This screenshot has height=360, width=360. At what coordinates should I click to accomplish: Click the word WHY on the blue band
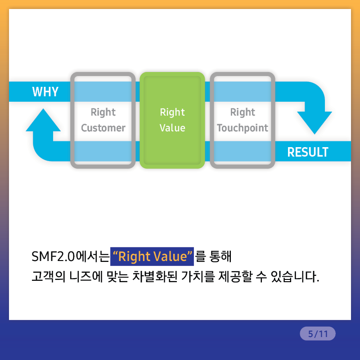(x=45, y=92)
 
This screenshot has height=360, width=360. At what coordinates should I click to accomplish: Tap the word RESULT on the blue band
(x=308, y=152)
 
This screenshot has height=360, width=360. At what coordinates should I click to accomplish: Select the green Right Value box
(x=172, y=120)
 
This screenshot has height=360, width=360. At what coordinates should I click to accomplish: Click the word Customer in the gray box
(x=103, y=128)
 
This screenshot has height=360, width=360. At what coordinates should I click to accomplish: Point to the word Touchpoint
(x=243, y=128)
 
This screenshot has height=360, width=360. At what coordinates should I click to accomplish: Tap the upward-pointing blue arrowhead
(x=43, y=120)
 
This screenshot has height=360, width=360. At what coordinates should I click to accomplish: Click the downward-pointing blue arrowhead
(x=315, y=123)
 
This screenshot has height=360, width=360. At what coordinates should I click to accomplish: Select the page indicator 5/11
(x=318, y=333)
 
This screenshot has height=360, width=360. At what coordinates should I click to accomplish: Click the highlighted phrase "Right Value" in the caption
(x=152, y=256)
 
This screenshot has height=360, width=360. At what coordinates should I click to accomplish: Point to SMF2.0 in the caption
(x=53, y=256)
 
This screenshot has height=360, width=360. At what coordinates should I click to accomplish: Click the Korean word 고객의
(x=49, y=276)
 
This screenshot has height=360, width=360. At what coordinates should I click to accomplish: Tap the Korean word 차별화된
(x=155, y=276)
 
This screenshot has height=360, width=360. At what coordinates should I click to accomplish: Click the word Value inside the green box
(x=172, y=128)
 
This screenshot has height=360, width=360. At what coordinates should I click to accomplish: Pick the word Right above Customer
(x=103, y=112)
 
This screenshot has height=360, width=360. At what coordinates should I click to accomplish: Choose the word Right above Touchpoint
(x=243, y=112)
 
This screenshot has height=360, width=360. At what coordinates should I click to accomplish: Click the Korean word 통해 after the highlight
(x=220, y=256)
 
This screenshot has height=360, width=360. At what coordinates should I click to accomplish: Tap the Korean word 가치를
(x=198, y=276)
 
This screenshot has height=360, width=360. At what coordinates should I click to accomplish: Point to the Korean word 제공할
(x=235, y=276)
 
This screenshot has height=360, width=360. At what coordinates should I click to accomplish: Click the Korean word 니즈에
(x=86, y=276)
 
